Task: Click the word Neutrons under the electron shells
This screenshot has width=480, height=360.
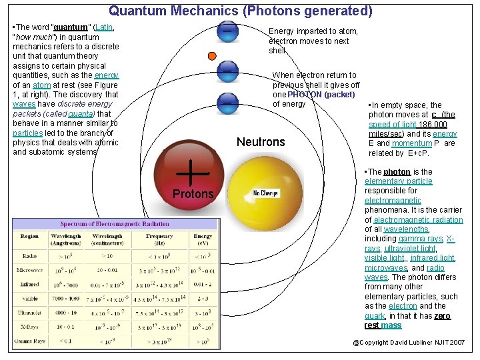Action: (x=261, y=142)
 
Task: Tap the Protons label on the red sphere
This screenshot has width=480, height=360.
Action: (x=193, y=194)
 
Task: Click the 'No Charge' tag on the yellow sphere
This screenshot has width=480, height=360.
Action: (x=265, y=193)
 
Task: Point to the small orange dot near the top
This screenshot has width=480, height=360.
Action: (x=212, y=55)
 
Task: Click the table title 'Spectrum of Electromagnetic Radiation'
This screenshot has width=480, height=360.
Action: (x=115, y=224)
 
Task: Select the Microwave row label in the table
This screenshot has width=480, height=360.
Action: (x=29, y=270)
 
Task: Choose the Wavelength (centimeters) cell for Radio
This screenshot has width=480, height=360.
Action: (x=107, y=256)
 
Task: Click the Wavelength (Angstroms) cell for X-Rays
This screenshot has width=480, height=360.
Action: (x=66, y=327)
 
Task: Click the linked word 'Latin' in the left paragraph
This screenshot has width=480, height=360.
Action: (x=103, y=28)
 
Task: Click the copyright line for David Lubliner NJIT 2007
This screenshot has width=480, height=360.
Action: (x=409, y=343)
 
